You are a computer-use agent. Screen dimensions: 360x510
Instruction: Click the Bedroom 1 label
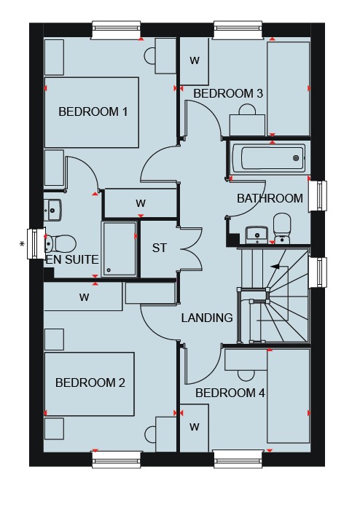(93, 112)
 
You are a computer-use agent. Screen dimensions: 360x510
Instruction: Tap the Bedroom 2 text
(90, 382)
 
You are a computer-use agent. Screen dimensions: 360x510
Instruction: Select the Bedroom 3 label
(228, 94)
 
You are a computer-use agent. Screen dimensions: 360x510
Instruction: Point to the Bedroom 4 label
(230, 393)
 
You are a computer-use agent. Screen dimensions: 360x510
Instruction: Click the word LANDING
(207, 318)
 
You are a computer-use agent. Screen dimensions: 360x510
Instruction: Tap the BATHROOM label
(270, 198)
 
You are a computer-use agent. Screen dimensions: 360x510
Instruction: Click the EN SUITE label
(72, 259)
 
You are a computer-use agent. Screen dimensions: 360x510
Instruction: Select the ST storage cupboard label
(159, 248)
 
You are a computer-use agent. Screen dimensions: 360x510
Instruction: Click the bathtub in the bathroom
(269, 158)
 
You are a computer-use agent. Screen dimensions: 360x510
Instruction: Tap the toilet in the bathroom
(281, 227)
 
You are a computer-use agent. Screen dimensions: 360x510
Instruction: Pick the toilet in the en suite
(60, 243)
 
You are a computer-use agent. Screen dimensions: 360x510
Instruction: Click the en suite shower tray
(119, 249)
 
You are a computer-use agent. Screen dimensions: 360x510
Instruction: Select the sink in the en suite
(52, 210)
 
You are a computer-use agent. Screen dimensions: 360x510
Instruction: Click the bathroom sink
(257, 235)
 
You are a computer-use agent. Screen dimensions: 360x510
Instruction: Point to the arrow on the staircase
(275, 267)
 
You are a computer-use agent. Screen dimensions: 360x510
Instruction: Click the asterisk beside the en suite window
(22, 244)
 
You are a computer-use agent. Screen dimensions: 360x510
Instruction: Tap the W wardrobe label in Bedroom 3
(195, 60)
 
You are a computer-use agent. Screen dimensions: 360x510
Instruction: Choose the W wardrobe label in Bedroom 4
(195, 427)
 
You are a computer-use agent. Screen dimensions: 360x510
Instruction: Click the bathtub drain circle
(296, 158)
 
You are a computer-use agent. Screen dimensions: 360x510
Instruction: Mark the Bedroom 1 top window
(117, 31)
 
